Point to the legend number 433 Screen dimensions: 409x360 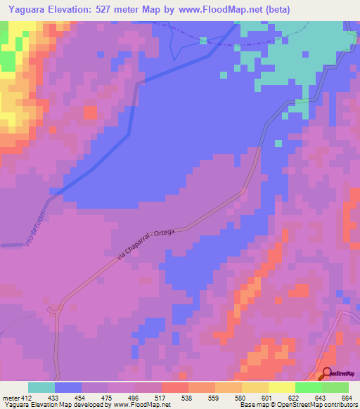point(54,397)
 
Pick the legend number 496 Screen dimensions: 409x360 point(134,397)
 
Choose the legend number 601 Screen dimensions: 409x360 point(268,397)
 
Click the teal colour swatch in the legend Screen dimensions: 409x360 point(41,387)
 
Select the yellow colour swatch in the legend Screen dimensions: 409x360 point(281,387)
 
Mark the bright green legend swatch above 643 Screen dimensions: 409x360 point(308,387)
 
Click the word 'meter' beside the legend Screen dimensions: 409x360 point(11,397)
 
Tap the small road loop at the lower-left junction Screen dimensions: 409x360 point(53,310)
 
